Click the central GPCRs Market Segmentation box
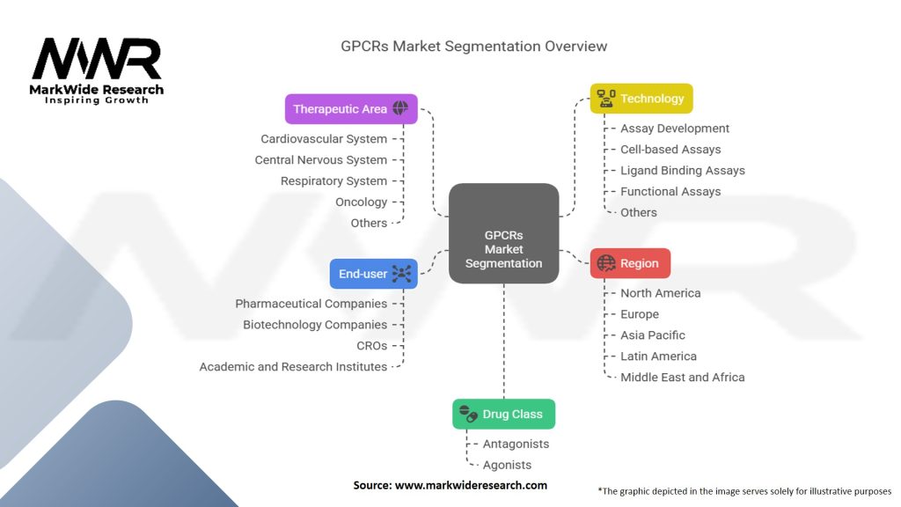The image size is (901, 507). tap(503, 234)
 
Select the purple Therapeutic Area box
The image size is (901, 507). tap(351, 109)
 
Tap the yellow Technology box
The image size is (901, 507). tap(641, 99)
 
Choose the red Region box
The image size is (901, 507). tap(630, 263)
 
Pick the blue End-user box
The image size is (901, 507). tap(373, 274)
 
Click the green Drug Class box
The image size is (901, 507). tap(503, 414)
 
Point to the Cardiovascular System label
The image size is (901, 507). tap(323, 139)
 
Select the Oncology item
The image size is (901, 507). tap(361, 202)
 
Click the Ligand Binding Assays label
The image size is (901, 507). tap(682, 170)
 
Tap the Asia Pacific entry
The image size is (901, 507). tap(652, 334)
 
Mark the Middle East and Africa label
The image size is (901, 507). tap(682, 377)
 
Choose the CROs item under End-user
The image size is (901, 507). tap(371, 345)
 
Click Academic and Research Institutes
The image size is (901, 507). tap(293, 366)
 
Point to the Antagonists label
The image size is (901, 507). tap(516, 444)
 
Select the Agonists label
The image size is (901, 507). tap(507, 465)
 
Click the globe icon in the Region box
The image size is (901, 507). tap(605, 263)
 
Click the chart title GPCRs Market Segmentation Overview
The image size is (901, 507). tap(473, 46)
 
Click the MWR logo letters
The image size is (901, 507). tap(97, 60)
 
